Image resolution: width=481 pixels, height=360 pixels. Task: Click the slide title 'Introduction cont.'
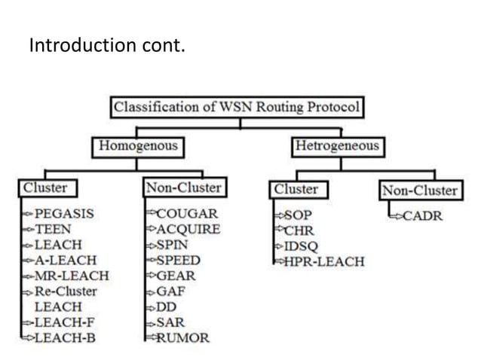pos(106,46)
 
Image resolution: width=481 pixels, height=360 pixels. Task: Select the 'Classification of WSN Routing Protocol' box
pos(237,108)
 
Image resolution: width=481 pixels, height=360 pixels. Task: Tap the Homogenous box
pos(139,145)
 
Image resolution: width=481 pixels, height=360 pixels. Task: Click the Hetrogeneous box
pos(336,145)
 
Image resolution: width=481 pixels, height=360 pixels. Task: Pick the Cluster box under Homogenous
pos(45,188)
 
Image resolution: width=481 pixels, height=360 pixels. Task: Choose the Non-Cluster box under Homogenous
pos(183,188)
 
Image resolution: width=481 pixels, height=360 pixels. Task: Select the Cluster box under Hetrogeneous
pos(296,188)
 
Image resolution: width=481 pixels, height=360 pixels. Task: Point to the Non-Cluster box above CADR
pos(419,190)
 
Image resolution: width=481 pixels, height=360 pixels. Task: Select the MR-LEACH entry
pos(72,276)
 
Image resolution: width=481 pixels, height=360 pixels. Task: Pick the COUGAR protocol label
pos(187,213)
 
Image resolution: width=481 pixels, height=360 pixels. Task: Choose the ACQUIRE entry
pos(188,229)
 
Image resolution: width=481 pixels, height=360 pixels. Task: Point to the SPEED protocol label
pos(179,261)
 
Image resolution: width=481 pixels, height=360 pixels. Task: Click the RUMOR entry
pos(182,338)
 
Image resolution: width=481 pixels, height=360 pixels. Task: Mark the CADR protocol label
pos(423,216)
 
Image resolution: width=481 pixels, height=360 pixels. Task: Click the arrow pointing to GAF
pos(150,291)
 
